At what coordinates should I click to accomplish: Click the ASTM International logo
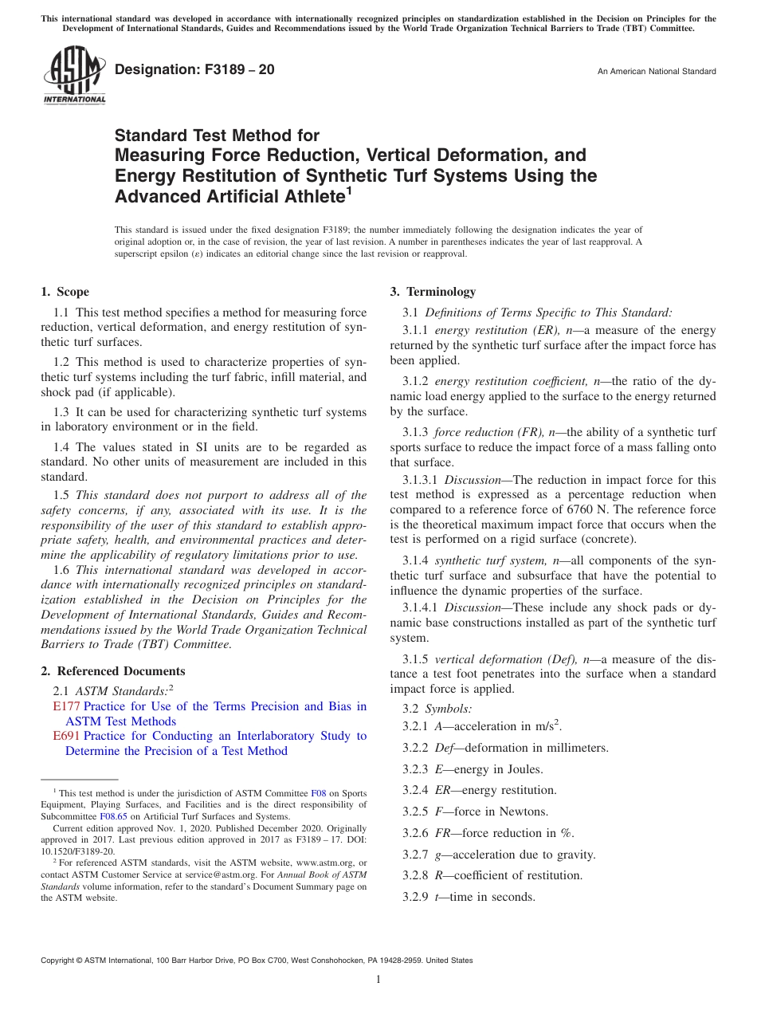(x=73, y=75)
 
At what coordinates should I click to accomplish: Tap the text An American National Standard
(x=656, y=72)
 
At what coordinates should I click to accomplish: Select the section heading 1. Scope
(x=65, y=292)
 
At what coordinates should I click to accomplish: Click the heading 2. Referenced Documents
(x=113, y=671)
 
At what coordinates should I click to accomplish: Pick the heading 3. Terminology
(x=433, y=292)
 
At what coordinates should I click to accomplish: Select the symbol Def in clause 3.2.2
(x=445, y=748)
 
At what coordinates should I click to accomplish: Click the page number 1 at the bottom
(x=378, y=979)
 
